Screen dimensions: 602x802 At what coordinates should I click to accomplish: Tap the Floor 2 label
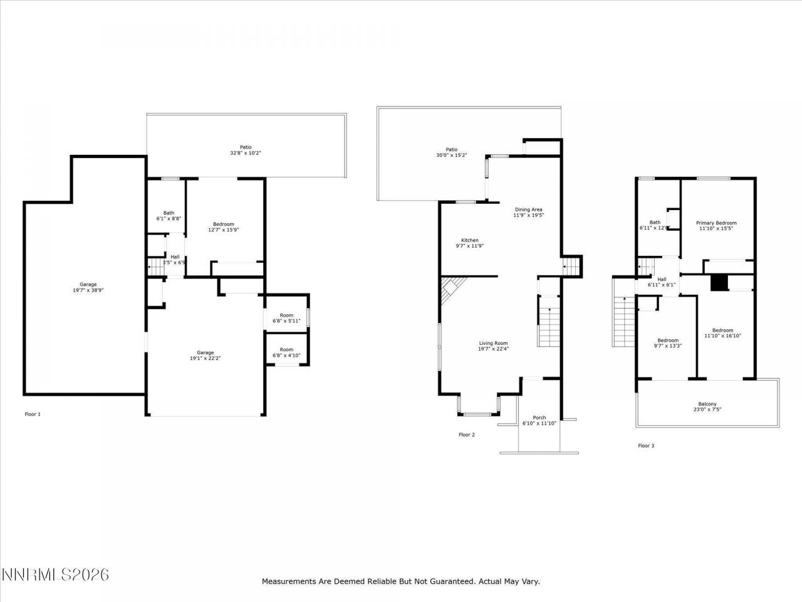tap(467, 435)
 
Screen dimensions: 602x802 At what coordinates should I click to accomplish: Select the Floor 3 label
tap(646, 446)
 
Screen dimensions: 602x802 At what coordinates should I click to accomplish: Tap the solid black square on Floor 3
tap(719, 283)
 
